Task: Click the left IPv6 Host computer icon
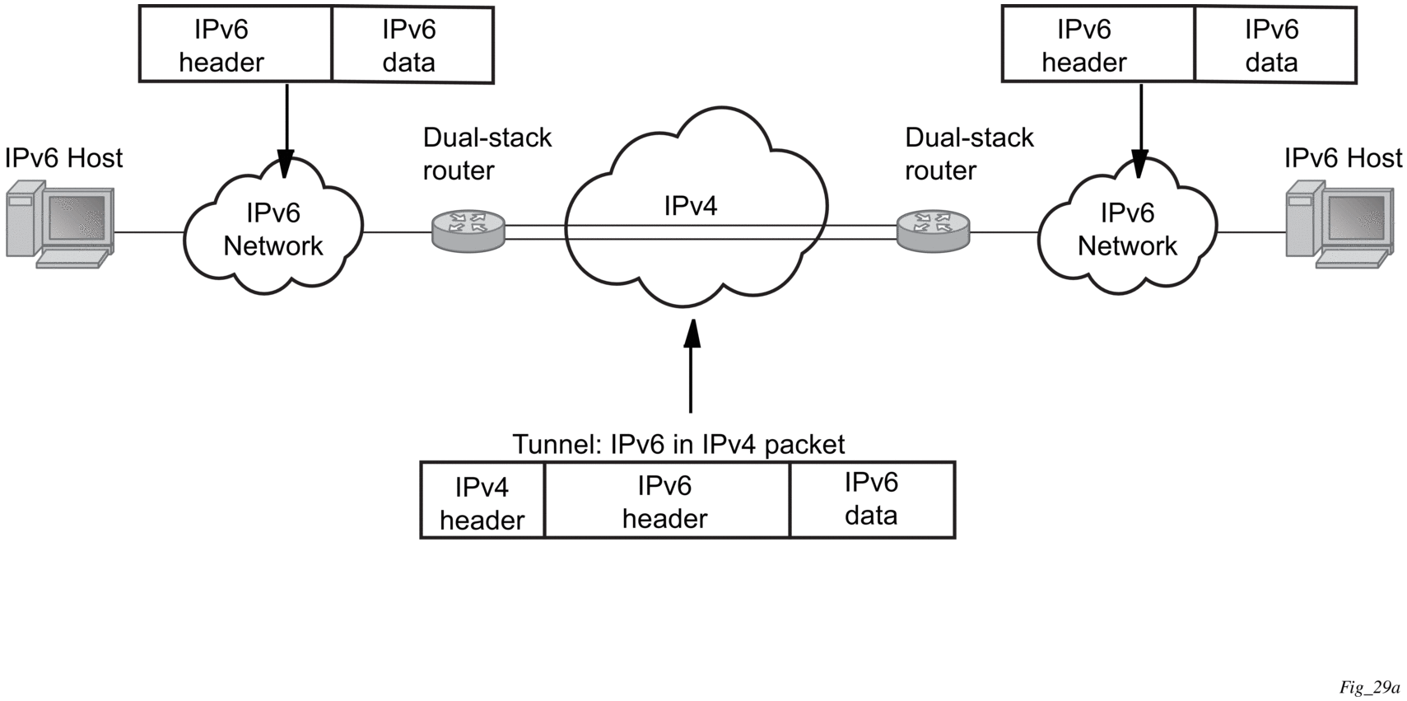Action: tap(59, 225)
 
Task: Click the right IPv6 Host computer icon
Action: tap(1339, 225)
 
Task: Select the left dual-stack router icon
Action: tap(468, 231)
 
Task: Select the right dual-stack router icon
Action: tap(934, 231)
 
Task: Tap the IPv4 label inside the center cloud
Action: tap(691, 206)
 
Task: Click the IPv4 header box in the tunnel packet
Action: tap(482, 502)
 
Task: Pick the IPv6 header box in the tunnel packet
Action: tap(665, 502)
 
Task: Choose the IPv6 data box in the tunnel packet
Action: tap(871, 500)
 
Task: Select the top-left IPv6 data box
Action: tap(410, 45)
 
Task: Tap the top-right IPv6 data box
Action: tap(1273, 45)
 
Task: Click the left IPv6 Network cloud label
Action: tap(273, 229)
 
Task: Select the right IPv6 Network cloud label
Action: tap(1127, 229)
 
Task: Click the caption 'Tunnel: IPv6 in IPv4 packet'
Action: tap(678, 444)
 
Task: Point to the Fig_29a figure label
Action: tap(1369, 687)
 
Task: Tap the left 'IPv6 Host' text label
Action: tap(63, 157)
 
